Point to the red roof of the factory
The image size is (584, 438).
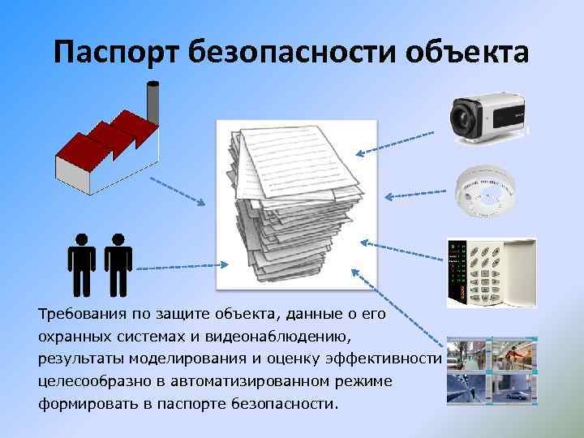click(x=105, y=134)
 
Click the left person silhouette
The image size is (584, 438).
click(x=82, y=264)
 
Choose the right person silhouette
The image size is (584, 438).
click(x=118, y=264)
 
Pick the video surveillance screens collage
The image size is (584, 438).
click(x=492, y=370)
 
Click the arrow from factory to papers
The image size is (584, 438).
click(x=176, y=190)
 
